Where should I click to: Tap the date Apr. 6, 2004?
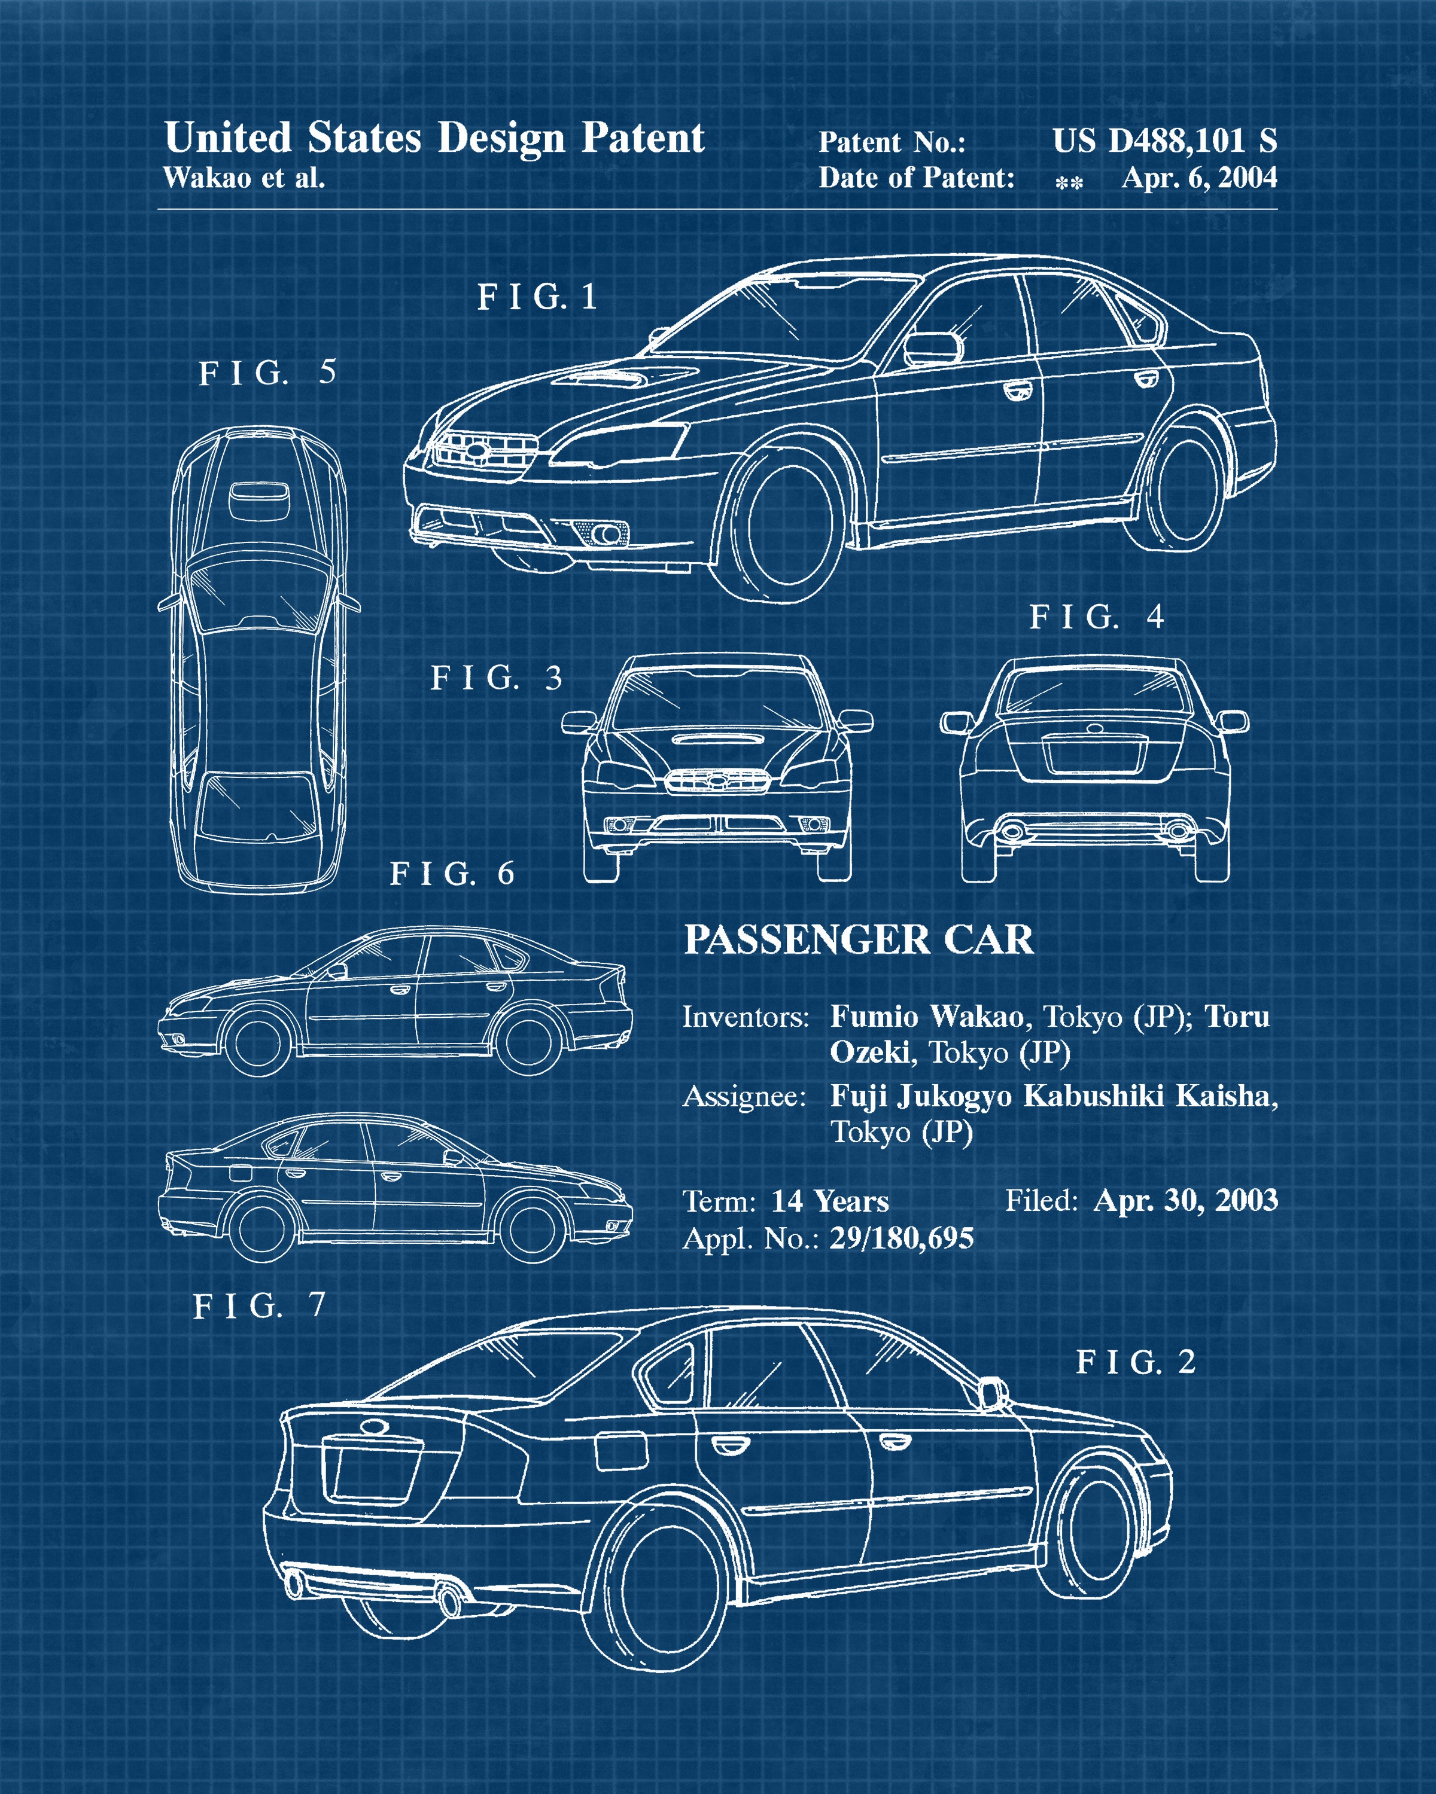point(1198,177)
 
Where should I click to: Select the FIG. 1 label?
point(537,297)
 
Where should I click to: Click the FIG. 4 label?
point(1096,617)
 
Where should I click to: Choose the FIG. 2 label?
point(1136,1362)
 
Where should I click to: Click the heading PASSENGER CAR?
point(858,940)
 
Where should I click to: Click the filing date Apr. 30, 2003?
point(1185,1200)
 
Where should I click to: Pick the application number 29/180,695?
point(902,1238)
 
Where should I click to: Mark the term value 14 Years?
point(830,1201)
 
